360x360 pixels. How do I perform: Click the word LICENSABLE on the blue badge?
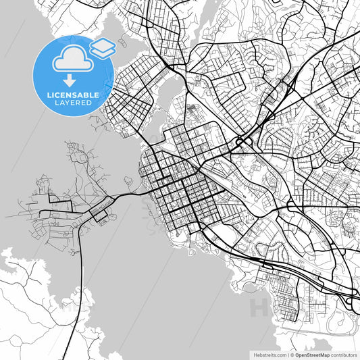tap(74, 95)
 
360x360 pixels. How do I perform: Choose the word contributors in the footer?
tap(344, 354)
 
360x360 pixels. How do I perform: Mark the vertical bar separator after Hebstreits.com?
tap(287, 354)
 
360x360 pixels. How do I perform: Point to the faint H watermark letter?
tap(259, 307)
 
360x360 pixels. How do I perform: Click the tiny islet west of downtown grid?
tap(127, 180)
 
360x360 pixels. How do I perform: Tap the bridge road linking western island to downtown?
tap(128, 195)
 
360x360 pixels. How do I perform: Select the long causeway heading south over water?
tap(83, 270)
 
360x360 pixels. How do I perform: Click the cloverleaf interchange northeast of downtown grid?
tap(240, 141)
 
